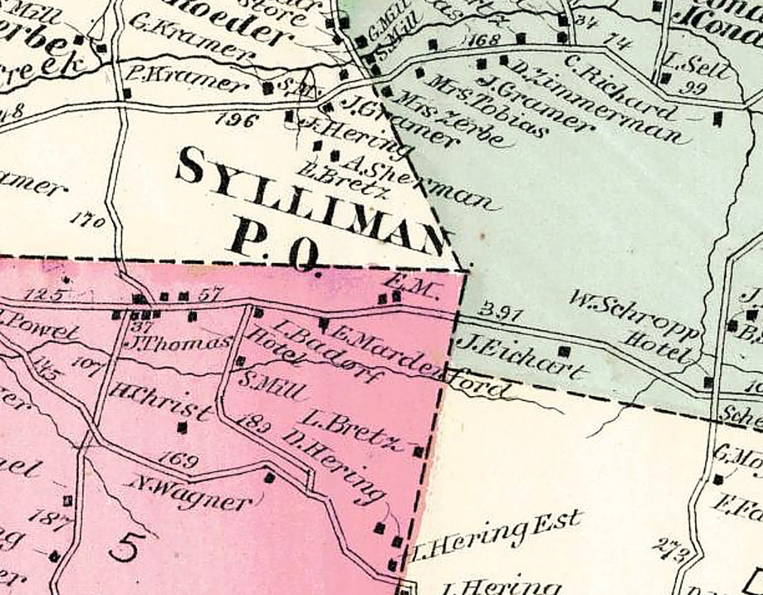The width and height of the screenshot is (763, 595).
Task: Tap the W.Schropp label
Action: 635,314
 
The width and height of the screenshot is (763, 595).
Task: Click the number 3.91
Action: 500,311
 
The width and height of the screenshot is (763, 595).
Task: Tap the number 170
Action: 87,220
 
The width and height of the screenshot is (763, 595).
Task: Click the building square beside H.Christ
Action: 182,427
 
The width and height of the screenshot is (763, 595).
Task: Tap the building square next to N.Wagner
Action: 270,478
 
